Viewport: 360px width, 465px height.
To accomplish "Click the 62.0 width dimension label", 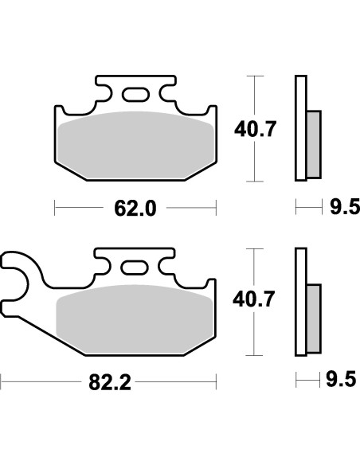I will click(x=134, y=209).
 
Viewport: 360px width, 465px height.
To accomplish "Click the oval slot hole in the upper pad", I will click(x=135, y=96).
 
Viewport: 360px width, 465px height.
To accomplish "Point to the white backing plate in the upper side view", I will click(x=300, y=127).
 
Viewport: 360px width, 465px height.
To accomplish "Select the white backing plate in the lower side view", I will click(x=300, y=301).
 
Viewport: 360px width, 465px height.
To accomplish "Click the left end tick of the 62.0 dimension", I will click(x=54, y=209).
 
